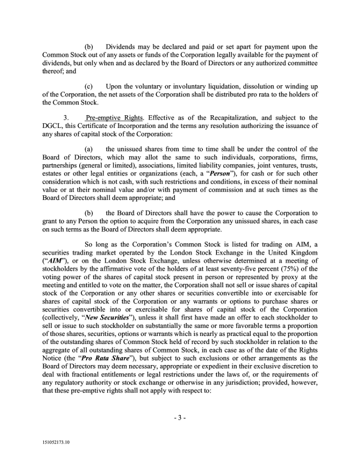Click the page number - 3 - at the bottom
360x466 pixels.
click(x=180, y=417)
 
